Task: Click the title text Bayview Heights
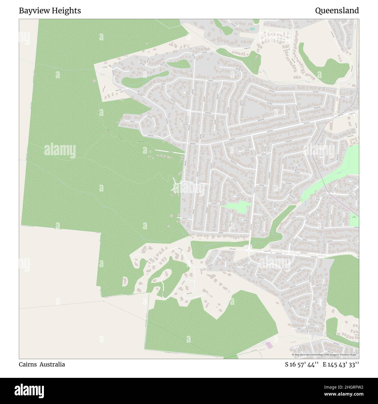point(50,11)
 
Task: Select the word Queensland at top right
point(337,11)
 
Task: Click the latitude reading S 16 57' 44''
point(298,364)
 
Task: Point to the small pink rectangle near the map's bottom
point(269,345)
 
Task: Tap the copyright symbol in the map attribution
point(293,355)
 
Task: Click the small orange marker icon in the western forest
point(108,130)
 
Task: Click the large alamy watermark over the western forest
point(60,150)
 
